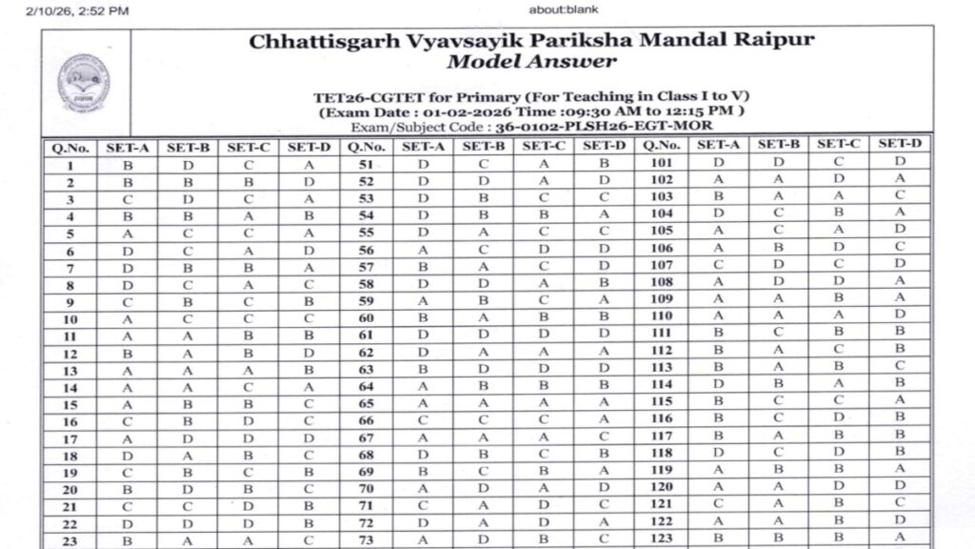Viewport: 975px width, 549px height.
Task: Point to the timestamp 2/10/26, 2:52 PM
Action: point(65,10)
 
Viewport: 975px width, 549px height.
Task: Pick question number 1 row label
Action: point(70,165)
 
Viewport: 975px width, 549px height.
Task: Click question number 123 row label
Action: point(661,539)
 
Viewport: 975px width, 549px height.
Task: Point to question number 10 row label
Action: point(70,318)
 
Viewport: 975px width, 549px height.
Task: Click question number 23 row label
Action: point(70,539)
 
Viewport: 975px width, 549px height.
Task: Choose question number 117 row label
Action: point(661,437)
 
